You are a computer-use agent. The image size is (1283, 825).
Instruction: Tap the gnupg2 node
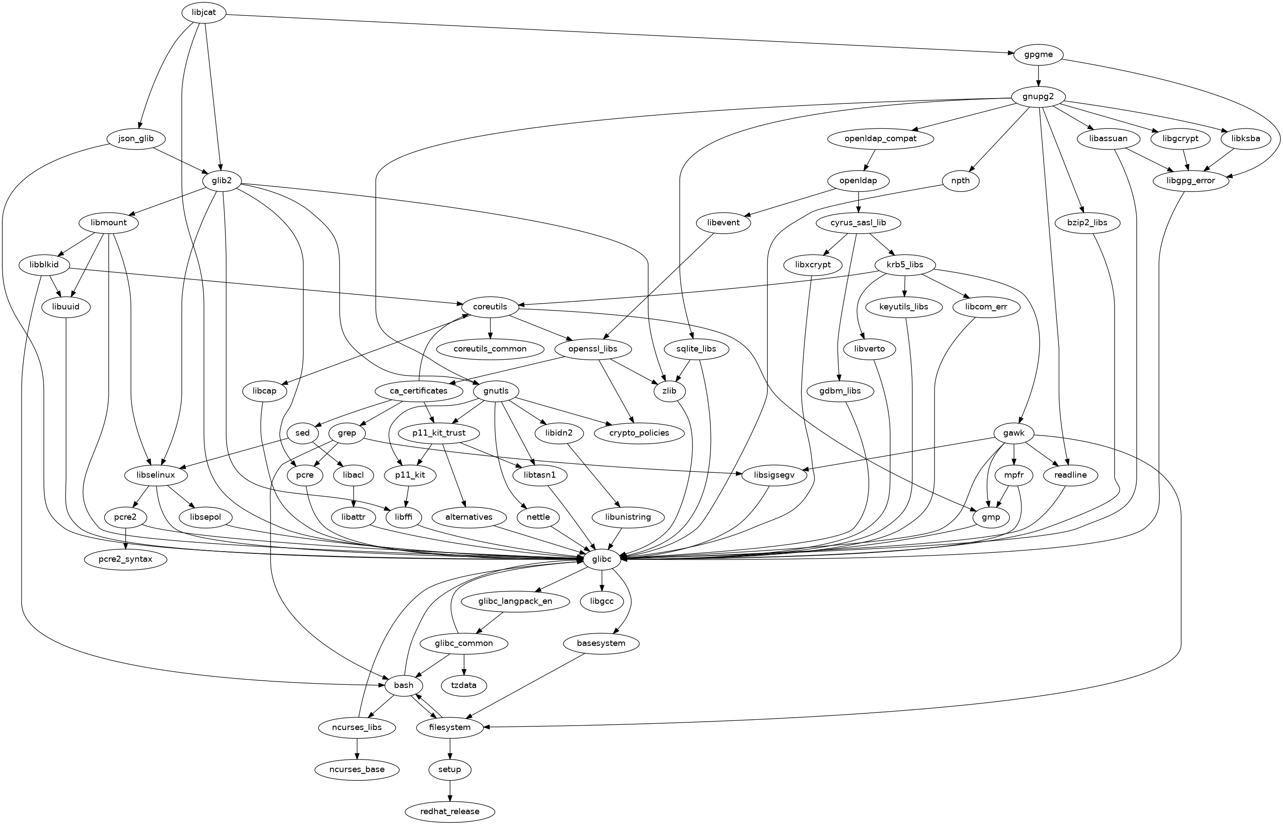[x=1038, y=97]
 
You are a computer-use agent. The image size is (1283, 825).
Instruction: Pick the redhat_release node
[x=450, y=811]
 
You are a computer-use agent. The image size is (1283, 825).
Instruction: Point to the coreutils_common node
[x=490, y=349]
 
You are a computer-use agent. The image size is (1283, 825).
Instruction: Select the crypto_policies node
[x=639, y=433]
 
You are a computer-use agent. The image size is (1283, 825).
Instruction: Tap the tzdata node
[x=464, y=685]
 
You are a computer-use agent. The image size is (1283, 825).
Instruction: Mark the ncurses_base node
[x=357, y=770]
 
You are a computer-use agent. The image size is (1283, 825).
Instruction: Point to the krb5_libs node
[x=905, y=265]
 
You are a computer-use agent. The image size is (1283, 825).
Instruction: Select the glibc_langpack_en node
[x=515, y=601]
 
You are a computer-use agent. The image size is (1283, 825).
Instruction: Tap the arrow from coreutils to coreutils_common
[x=490, y=328]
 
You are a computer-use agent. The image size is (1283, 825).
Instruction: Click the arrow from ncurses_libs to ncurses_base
[x=357, y=748]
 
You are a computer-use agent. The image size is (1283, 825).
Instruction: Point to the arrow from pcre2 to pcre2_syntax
[x=125, y=538]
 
